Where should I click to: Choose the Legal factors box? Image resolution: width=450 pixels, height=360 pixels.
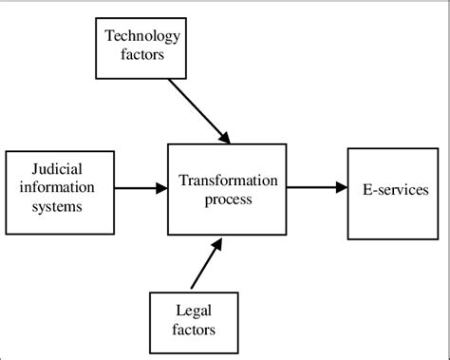click(195, 322)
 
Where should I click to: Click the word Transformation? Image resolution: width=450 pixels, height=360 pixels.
click(227, 180)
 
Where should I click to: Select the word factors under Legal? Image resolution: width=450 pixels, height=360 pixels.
click(195, 330)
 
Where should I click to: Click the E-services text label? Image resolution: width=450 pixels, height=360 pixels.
click(394, 191)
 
